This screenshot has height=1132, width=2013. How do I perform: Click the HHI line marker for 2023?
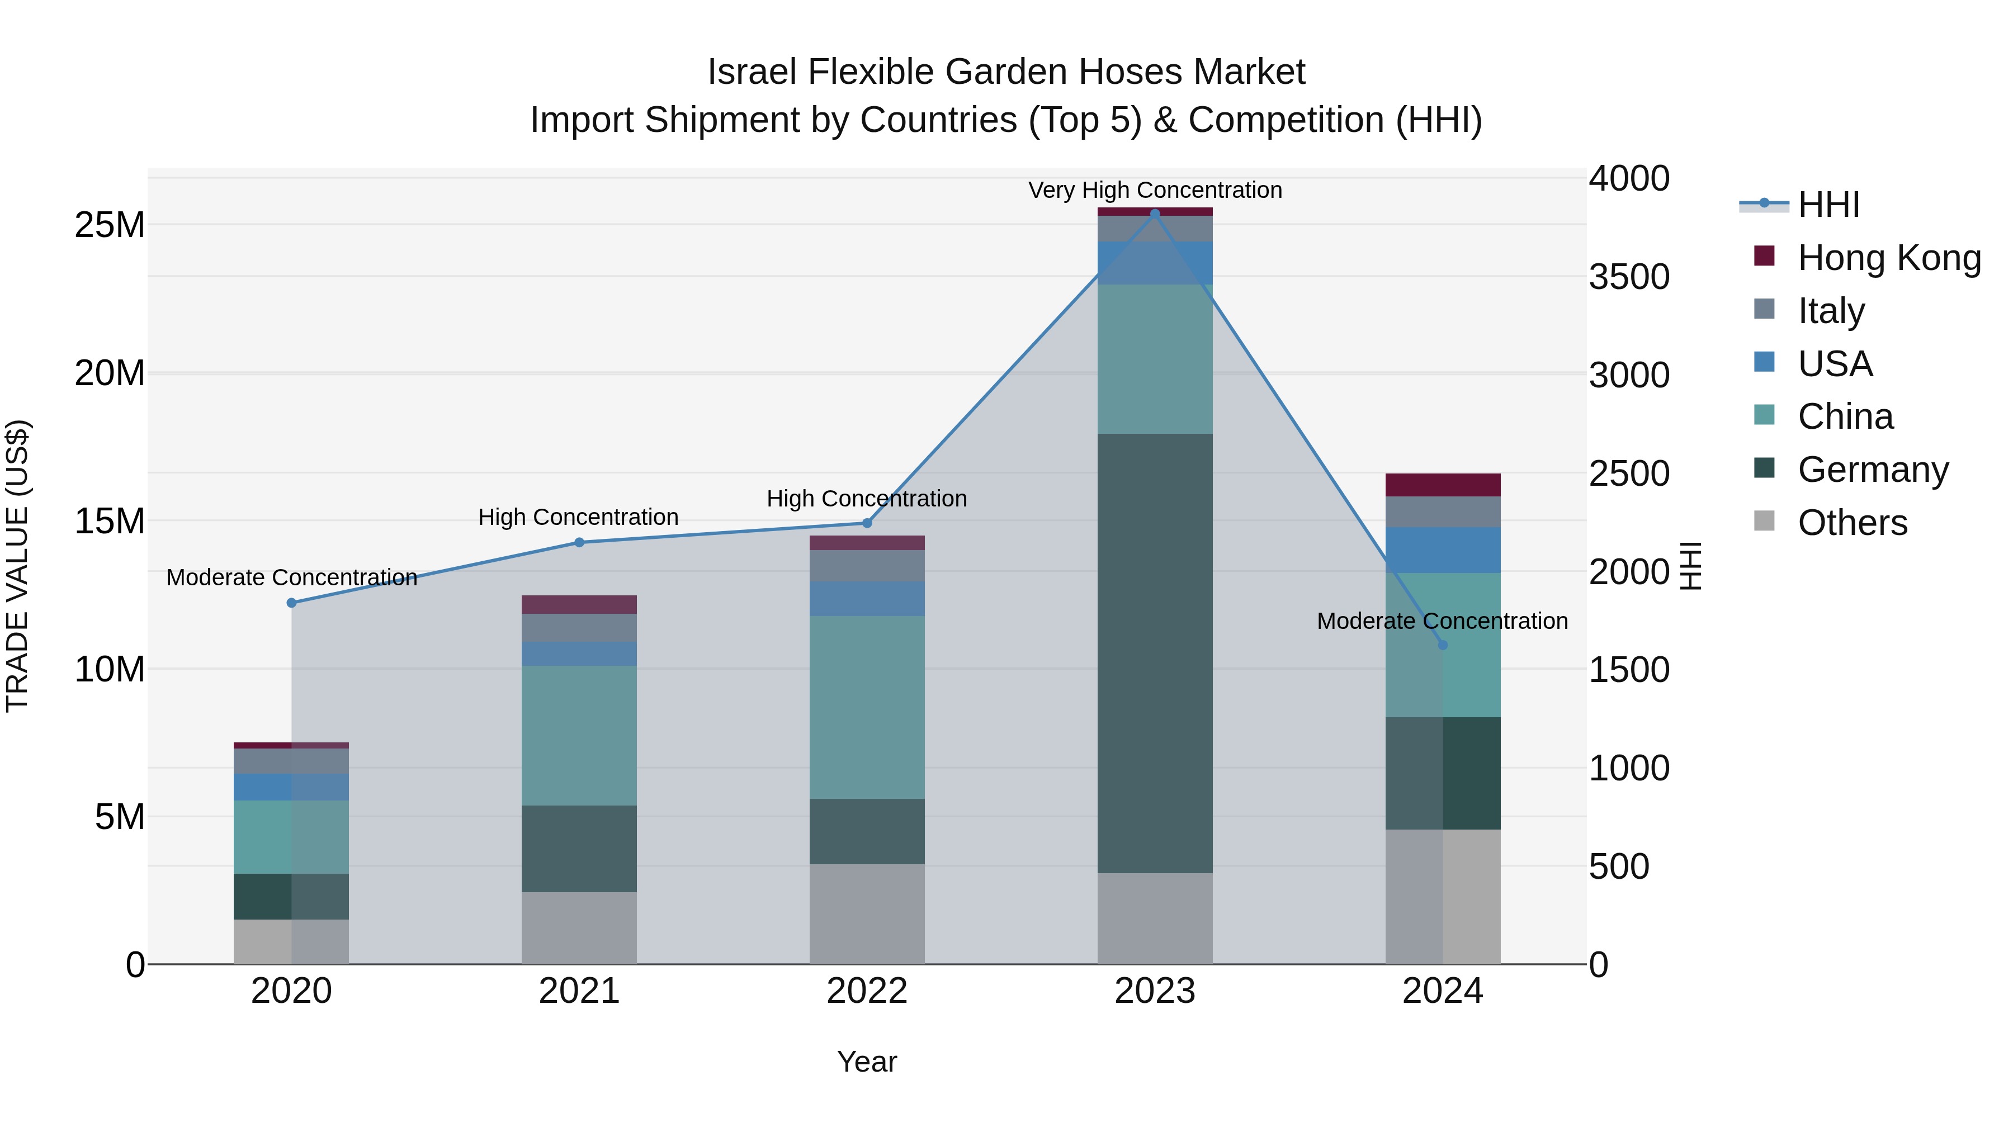(x=1155, y=214)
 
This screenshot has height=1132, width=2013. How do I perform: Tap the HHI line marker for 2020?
(x=291, y=603)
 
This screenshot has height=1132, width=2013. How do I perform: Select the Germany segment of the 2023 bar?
(x=1155, y=653)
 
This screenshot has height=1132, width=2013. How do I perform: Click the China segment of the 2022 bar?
(x=867, y=707)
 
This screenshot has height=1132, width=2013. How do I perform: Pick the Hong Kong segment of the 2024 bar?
(x=1443, y=485)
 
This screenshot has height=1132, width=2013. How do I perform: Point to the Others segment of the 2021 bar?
(x=579, y=928)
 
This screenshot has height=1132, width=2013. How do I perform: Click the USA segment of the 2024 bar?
(x=1443, y=550)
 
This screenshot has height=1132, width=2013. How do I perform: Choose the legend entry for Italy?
(x=1830, y=311)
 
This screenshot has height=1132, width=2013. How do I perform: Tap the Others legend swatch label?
(x=1851, y=523)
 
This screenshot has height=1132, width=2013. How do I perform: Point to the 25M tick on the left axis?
(x=110, y=225)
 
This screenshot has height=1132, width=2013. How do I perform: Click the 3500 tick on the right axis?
(x=1629, y=277)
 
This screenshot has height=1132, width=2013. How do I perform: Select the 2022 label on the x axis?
(x=867, y=991)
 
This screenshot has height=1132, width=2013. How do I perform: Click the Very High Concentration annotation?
(x=1155, y=190)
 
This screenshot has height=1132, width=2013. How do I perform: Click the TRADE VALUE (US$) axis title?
(x=17, y=566)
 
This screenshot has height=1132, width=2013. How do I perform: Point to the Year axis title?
(x=867, y=1062)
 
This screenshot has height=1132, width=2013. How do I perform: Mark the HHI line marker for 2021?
(x=579, y=542)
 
